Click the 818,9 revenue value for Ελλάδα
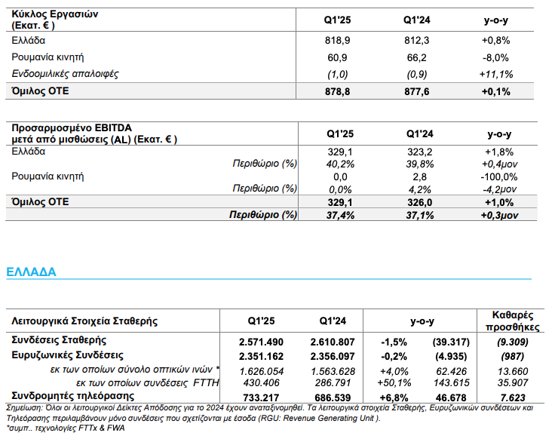click(337, 41)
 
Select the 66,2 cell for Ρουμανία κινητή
click(416, 57)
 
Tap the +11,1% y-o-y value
click(496, 75)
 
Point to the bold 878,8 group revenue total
click(337, 92)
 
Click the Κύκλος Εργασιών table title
click(55, 20)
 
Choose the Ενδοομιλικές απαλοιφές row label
click(65, 74)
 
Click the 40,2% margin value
click(341, 164)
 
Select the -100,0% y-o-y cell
click(499, 176)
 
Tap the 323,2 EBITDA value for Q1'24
click(420, 152)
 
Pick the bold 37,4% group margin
click(340, 215)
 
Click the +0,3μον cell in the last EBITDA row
click(499, 215)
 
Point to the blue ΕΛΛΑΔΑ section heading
click(31, 272)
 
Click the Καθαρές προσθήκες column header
click(513, 321)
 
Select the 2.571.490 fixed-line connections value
click(261, 342)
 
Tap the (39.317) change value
click(451, 342)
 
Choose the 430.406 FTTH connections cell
click(261, 383)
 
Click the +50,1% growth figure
click(394, 383)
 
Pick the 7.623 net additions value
click(513, 397)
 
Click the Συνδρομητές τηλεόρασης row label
click(73, 396)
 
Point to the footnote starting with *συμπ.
click(66, 428)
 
